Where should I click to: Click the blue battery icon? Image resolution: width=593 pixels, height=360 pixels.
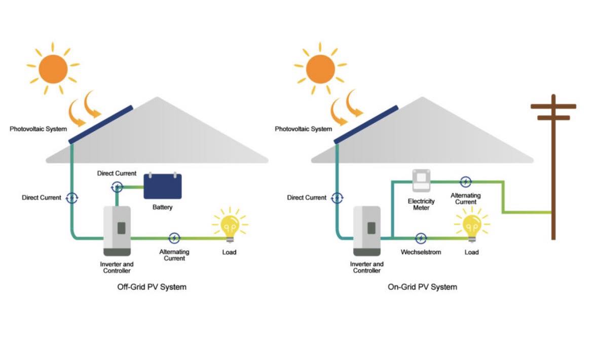(162, 186)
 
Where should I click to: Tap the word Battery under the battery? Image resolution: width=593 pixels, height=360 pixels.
(162, 207)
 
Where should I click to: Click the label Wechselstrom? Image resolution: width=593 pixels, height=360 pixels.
(421, 252)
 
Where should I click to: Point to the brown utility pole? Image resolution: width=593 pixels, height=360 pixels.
(553, 167)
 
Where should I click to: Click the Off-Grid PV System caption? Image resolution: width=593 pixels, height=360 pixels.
(152, 287)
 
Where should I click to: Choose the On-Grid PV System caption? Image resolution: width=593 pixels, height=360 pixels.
(422, 287)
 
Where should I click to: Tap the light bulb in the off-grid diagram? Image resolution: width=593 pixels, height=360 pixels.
(229, 225)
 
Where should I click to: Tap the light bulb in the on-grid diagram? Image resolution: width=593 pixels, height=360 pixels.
(471, 225)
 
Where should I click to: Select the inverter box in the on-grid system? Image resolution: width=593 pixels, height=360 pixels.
(366, 231)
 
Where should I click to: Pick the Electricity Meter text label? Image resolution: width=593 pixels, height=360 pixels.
(421, 204)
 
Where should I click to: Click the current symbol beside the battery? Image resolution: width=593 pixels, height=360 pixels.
(117, 187)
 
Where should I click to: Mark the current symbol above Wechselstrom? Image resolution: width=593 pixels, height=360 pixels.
(421, 238)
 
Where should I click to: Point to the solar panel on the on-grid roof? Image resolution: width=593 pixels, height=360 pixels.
(366, 124)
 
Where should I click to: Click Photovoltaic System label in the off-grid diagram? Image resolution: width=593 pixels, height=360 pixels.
(38, 129)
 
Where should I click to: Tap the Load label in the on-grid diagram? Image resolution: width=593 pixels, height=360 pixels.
(471, 252)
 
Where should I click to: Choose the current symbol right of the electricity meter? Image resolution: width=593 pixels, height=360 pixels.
(465, 182)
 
